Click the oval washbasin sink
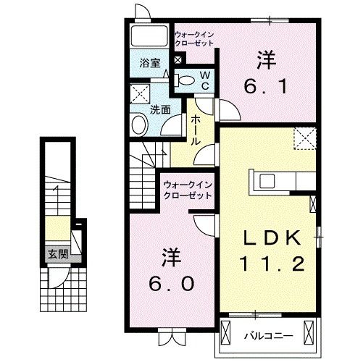click(x=139, y=125)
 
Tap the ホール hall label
click(x=196, y=132)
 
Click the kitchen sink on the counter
click(x=264, y=180)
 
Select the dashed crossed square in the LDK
click(x=304, y=138)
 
